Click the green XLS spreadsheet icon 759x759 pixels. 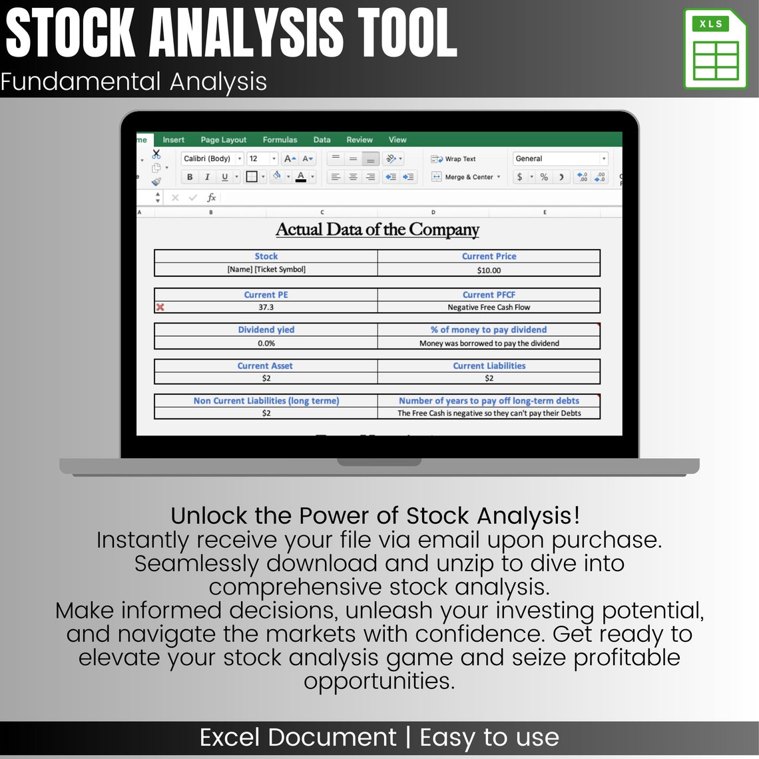coord(715,49)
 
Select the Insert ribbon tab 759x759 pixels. coord(174,140)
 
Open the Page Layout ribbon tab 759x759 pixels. coord(223,140)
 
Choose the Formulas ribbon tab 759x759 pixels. coord(280,140)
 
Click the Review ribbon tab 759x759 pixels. coord(360,140)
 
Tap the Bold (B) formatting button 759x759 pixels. coord(190,177)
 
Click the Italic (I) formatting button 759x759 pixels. coord(207,177)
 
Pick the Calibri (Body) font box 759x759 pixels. coord(208,158)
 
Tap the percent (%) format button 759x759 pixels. coord(544,177)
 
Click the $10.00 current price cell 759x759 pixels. coord(489,270)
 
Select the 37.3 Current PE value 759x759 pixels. coord(266,308)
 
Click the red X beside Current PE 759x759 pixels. coord(160,308)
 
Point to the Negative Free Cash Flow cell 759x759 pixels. coord(489,308)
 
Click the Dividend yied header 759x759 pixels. coord(266,330)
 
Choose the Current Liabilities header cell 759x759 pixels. coord(489,366)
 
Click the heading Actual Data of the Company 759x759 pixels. coord(378,230)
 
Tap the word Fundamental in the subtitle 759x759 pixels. coord(80,82)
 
